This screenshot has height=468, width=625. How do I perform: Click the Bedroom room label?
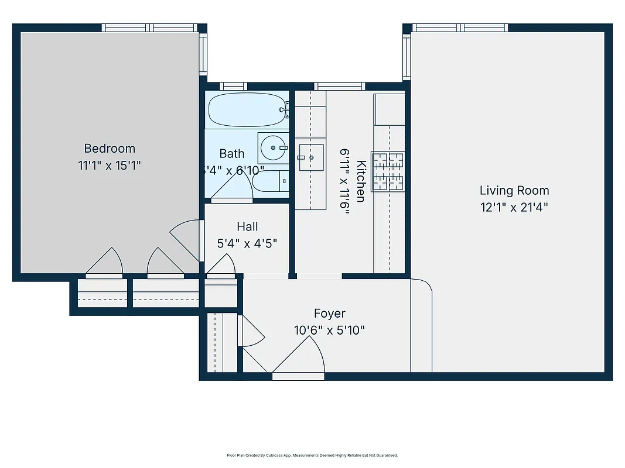pyautogui.click(x=110, y=149)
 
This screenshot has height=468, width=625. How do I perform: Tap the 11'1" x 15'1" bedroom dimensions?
pyautogui.click(x=110, y=166)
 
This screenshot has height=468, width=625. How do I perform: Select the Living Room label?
pyautogui.click(x=514, y=190)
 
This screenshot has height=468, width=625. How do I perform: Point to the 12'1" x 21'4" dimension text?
pyautogui.click(x=514, y=207)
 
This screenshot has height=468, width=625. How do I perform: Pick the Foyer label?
pyautogui.click(x=329, y=314)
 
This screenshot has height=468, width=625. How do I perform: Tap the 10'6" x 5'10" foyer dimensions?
pyautogui.click(x=329, y=330)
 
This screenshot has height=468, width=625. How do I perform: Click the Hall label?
pyautogui.click(x=247, y=226)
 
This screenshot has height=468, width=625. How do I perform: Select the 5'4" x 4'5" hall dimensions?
pyautogui.click(x=247, y=243)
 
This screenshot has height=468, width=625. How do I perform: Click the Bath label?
pyautogui.click(x=232, y=154)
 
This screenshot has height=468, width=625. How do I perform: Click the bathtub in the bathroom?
pyautogui.click(x=247, y=109)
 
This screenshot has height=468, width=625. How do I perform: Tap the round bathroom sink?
pyautogui.click(x=272, y=148)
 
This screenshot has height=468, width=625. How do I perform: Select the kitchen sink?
pyautogui.click(x=310, y=157)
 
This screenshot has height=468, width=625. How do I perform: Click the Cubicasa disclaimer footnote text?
pyautogui.click(x=312, y=455)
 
